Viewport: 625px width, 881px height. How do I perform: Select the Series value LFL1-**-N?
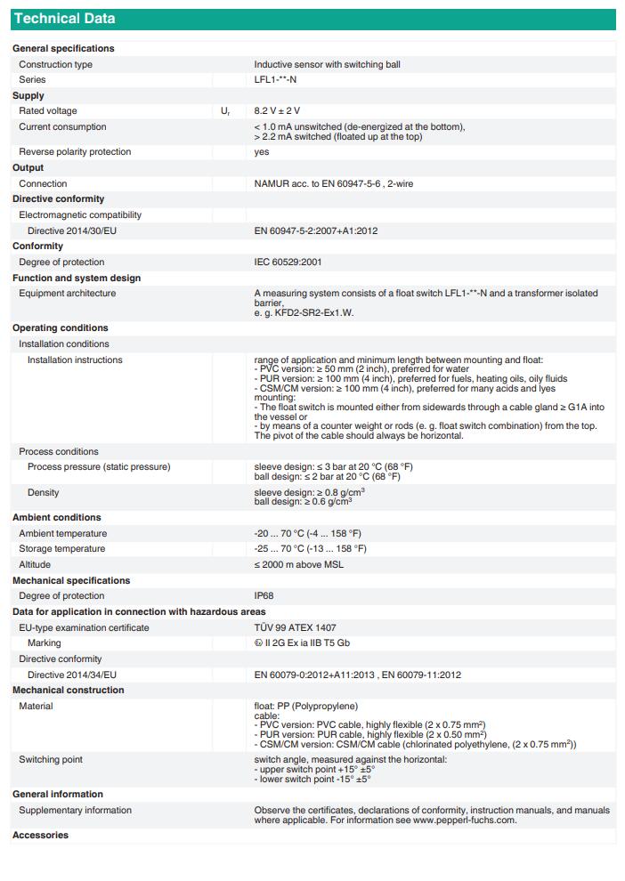point(275,80)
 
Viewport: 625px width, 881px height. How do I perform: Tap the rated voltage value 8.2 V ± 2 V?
point(277,111)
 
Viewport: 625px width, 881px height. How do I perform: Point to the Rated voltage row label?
point(48,111)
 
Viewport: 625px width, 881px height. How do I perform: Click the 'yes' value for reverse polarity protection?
point(261,152)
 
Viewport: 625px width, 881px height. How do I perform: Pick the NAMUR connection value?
point(333,184)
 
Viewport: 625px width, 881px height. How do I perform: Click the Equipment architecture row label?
point(68,294)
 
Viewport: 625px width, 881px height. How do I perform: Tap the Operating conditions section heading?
point(61,328)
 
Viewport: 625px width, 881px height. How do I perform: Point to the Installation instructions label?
point(75,360)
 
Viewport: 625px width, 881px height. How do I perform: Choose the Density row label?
point(43,493)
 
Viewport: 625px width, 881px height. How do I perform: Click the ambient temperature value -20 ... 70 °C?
point(307,534)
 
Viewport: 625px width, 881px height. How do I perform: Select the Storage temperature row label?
point(62,549)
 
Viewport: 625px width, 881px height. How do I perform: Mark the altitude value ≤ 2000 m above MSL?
point(298,565)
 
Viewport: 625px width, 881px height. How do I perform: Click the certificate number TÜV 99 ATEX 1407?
point(295,628)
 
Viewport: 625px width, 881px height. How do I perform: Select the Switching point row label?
point(51,760)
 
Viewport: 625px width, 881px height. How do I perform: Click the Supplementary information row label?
point(75,811)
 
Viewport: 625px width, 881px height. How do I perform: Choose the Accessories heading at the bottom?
point(40,836)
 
